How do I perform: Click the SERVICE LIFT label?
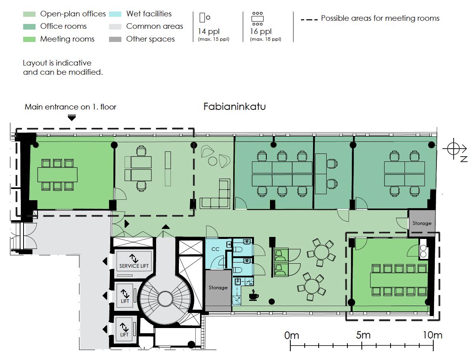click(x=134, y=266)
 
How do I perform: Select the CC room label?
click(x=215, y=249)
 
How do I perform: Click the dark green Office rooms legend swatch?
click(x=30, y=26)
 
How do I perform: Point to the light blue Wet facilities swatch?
click(x=115, y=14)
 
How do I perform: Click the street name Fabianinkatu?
click(x=234, y=106)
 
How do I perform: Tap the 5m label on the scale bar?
click(x=363, y=335)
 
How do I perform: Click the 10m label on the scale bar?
click(x=432, y=335)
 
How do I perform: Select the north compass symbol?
click(x=454, y=149)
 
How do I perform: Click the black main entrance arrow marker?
click(x=71, y=118)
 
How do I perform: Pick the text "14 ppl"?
click(x=209, y=31)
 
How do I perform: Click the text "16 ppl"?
click(x=261, y=31)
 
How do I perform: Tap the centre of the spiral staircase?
click(x=165, y=298)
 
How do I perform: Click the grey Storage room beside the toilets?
click(x=218, y=288)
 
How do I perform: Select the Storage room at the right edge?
click(x=422, y=223)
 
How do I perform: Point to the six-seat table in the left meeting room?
click(x=58, y=175)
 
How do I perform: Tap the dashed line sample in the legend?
click(x=309, y=20)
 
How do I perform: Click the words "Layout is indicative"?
click(x=57, y=63)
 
